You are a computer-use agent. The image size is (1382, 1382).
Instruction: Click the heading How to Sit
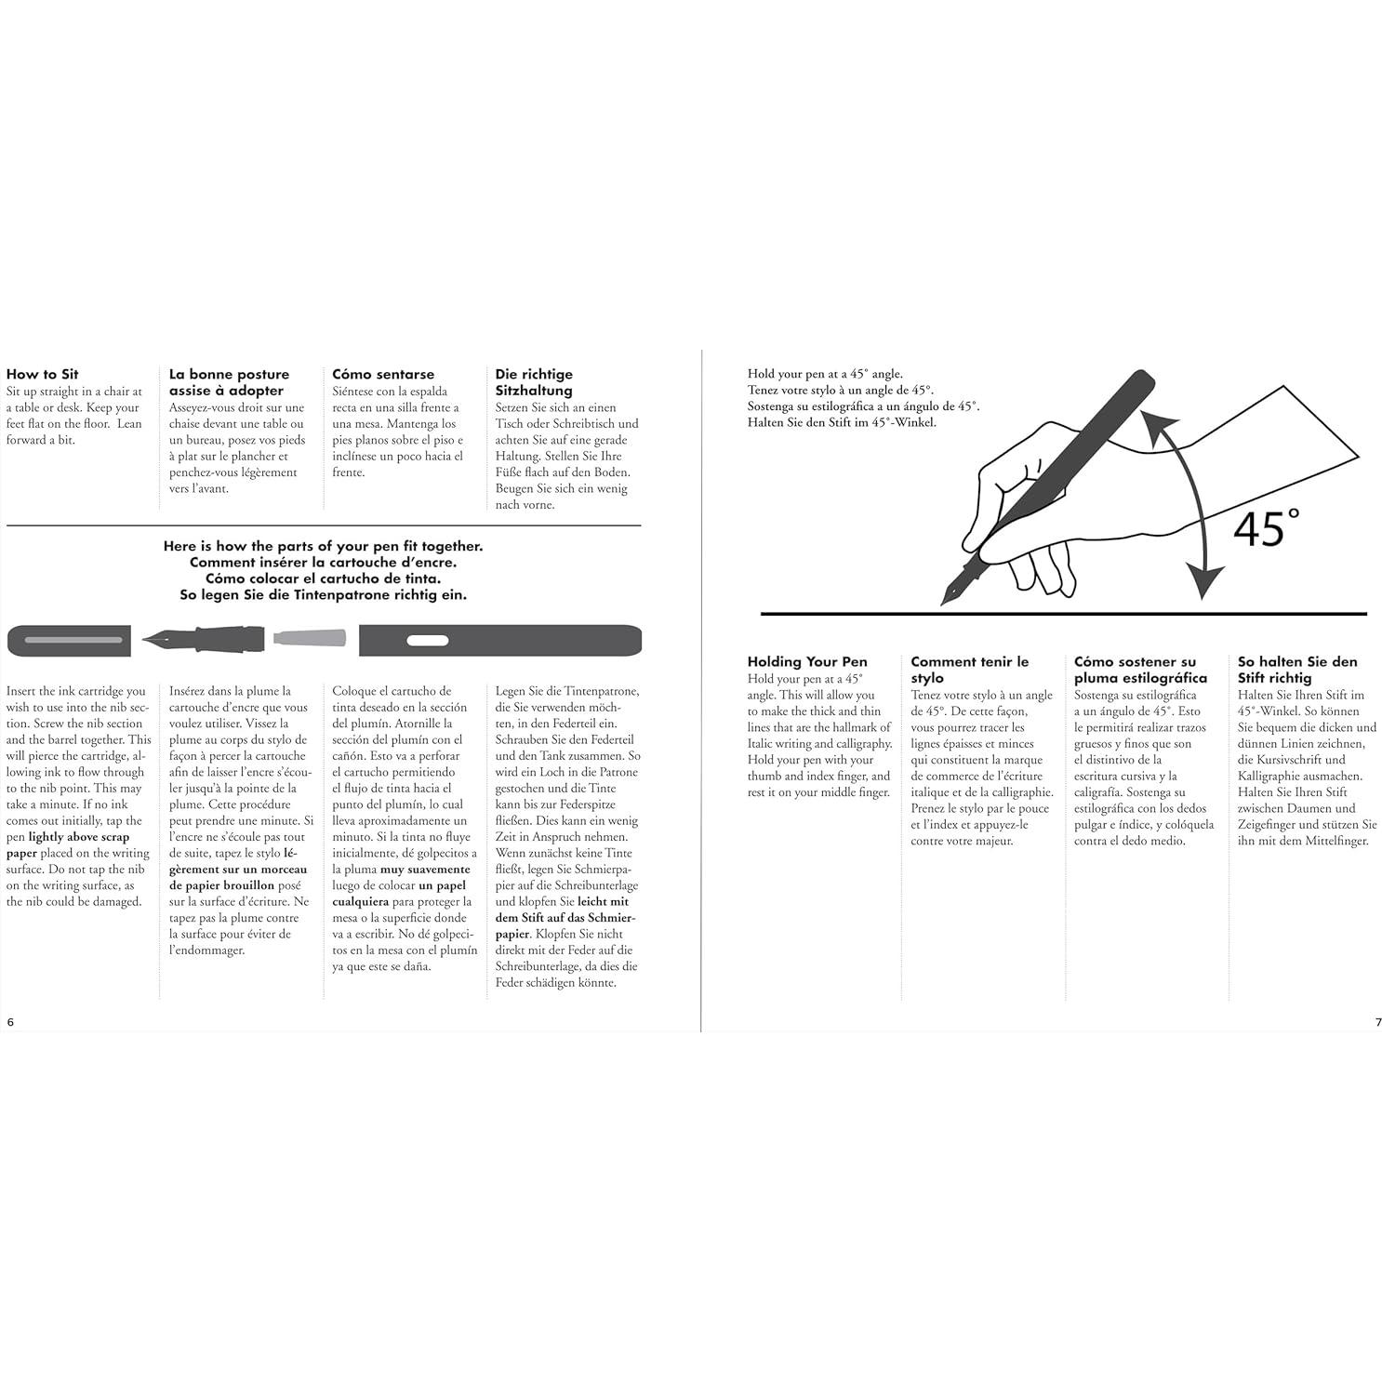43,374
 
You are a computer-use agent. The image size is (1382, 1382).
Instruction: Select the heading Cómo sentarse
383,374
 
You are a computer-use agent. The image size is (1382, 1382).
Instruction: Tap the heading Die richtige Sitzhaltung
534,382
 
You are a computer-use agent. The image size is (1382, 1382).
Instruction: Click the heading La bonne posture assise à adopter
229,382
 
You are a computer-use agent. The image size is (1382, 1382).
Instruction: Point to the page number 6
11,1021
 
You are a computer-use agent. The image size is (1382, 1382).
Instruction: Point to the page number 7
1378,1022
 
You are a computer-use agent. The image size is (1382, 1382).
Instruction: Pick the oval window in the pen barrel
428,640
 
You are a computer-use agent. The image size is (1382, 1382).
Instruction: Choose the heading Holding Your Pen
807,661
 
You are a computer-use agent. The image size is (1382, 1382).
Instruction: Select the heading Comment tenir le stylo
969,670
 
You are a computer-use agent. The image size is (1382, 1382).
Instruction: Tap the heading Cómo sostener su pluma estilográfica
1140,670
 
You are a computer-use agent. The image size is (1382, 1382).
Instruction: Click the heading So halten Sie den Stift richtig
1297,670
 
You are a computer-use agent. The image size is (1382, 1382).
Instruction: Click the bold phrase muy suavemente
425,870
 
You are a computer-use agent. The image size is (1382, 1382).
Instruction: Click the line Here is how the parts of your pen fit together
323,546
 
